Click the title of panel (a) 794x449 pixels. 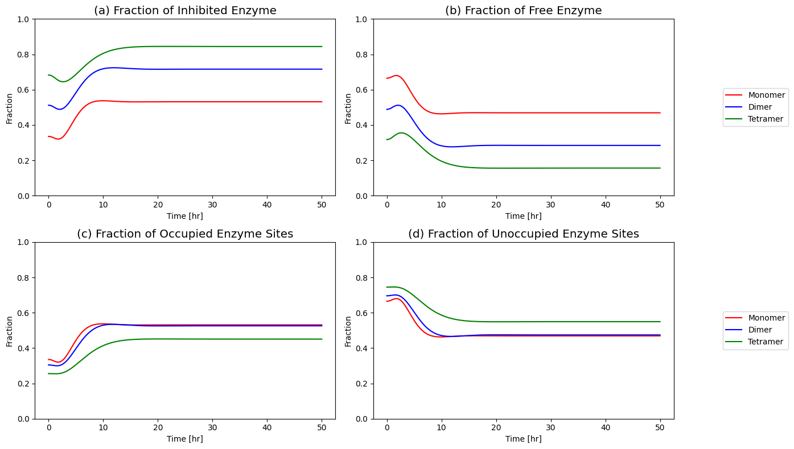coord(185,11)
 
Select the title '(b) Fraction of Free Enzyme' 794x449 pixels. coord(524,11)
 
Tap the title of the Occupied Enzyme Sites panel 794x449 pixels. coord(185,234)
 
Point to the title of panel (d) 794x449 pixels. coord(524,234)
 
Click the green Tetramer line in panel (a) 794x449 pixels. coord(185,47)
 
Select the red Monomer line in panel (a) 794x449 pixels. coord(185,102)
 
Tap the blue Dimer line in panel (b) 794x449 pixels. coord(524,145)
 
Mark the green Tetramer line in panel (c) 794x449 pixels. coord(185,339)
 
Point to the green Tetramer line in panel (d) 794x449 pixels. coord(524,322)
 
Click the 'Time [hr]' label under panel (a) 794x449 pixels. coord(185,216)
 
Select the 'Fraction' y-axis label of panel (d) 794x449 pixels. coord(348,331)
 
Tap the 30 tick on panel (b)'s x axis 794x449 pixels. coord(550,205)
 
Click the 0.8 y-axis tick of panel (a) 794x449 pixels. coord(23,55)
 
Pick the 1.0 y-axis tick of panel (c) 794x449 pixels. coord(23,242)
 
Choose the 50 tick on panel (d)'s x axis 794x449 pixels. coord(660,428)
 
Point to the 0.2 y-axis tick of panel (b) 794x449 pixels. coord(362,161)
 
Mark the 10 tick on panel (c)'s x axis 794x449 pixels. coord(103,428)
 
